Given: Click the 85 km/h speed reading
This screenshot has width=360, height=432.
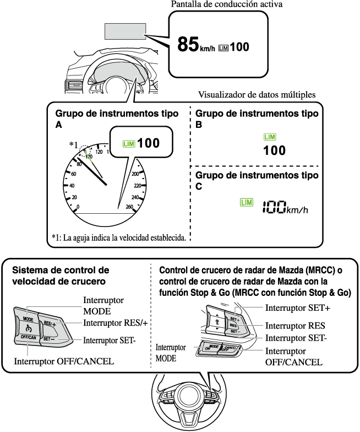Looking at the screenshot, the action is click(x=196, y=44).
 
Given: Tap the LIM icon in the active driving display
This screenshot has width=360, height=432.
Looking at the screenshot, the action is click(x=223, y=48).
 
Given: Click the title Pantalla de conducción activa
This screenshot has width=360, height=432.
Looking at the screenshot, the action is click(x=227, y=4).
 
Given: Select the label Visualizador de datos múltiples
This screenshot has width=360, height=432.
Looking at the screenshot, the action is click(x=257, y=95).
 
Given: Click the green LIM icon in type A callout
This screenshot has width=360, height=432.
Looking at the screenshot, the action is click(x=129, y=144).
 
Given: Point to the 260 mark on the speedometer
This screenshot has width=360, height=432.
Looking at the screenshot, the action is click(x=129, y=207).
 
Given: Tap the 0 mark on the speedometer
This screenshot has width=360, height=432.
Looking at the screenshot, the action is click(x=78, y=207).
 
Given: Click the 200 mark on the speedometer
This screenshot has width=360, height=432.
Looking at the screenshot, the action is click(x=135, y=174).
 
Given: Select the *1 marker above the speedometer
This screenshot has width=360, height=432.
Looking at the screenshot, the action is click(x=73, y=144).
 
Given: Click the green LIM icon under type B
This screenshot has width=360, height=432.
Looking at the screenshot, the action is click(x=270, y=137).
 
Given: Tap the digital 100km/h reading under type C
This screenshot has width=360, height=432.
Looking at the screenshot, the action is click(x=285, y=207).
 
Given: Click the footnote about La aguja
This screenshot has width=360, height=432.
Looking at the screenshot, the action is click(x=119, y=237).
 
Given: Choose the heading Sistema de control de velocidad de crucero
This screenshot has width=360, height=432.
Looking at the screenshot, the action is click(x=61, y=276).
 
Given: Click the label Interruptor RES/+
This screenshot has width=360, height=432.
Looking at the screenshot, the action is click(x=116, y=323).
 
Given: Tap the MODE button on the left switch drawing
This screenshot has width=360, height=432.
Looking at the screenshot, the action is click(x=28, y=320).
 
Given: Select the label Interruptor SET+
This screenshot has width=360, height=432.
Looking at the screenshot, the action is click(x=297, y=307).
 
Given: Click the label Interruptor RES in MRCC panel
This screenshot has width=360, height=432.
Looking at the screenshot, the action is click(x=295, y=326).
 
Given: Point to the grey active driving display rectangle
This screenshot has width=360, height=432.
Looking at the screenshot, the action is click(x=126, y=31).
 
